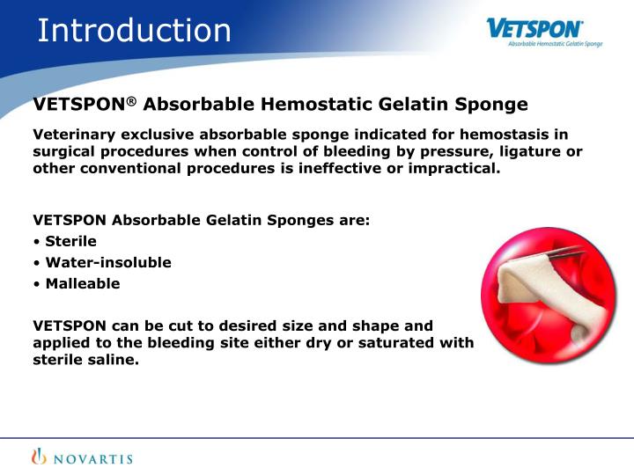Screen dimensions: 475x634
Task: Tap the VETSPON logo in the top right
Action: (534, 28)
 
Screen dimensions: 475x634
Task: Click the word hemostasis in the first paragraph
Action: (505, 135)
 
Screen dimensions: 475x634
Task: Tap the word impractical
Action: (453, 168)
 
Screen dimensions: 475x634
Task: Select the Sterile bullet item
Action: (70, 241)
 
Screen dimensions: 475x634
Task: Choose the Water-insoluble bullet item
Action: (107, 262)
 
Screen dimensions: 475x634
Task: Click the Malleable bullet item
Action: (82, 283)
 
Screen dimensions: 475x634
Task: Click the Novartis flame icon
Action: (40, 457)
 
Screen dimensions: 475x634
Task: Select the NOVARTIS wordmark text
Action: (92, 457)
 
